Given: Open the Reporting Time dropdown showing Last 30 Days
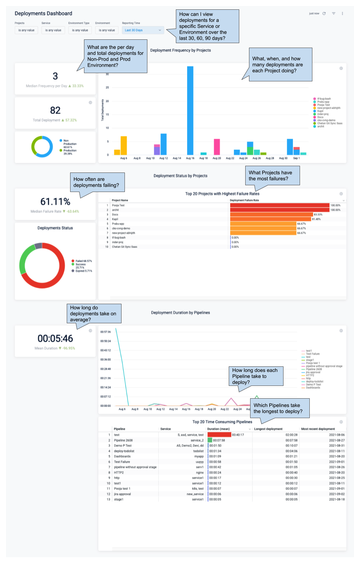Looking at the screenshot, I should pos(142,30).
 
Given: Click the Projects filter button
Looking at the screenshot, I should pos(26,30).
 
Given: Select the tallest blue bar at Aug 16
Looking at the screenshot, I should pos(190,111).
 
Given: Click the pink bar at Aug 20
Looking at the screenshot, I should pos(217,147).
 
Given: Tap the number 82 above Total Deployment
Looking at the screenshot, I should pos(55,110).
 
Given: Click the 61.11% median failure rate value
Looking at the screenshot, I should pos(55,202).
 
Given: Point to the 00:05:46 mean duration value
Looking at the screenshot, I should pos(55,339).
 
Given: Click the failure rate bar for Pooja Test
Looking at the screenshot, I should pos(279,205).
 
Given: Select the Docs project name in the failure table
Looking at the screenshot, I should pos(115,214).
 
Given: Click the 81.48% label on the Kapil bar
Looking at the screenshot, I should pos(316,219).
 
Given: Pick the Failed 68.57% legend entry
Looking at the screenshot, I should pos(83,261).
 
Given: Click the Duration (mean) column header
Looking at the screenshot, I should pos(219,429).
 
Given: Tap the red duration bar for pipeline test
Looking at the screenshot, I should pos(219,435).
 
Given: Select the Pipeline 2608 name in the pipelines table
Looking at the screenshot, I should pos(123,441).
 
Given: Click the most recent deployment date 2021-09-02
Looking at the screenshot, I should pos(337,494).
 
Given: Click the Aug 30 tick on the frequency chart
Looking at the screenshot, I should pos(283,158).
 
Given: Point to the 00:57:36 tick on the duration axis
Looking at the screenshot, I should pos(105,332).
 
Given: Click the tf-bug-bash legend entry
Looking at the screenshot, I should pos(324,99).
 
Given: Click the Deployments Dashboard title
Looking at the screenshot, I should pos(43,13).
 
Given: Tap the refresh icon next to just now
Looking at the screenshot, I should pos(324,13).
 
